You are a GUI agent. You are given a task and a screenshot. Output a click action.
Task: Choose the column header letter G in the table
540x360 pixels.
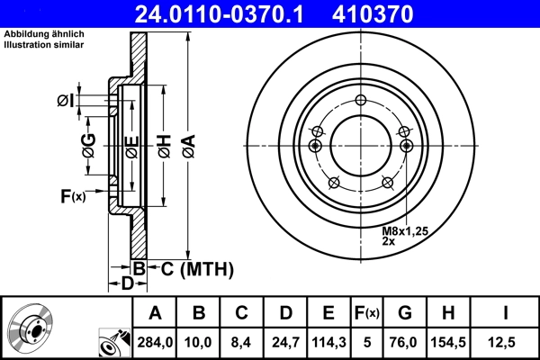point(404,313)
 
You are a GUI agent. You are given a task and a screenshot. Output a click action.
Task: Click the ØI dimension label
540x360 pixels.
point(65,101)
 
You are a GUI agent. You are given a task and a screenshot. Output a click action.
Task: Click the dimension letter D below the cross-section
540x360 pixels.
point(128,283)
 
